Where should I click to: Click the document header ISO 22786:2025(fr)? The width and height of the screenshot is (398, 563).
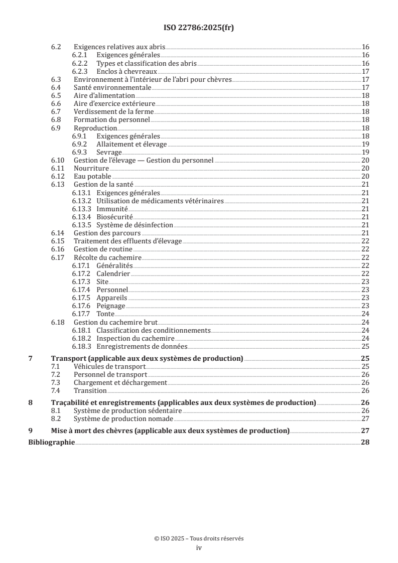(x=199, y=28)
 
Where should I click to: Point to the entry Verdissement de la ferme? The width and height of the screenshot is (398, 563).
(x=113, y=111)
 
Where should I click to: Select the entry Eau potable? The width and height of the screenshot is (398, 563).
(x=92, y=176)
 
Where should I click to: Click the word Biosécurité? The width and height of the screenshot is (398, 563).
(x=114, y=217)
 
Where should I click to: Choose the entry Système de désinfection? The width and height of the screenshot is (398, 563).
(x=135, y=225)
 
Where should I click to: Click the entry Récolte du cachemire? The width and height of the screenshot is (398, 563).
(x=107, y=257)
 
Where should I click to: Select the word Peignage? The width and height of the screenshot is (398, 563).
(x=110, y=306)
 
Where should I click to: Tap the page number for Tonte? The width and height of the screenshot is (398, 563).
(x=365, y=314)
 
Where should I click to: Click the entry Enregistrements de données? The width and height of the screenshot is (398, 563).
(x=142, y=346)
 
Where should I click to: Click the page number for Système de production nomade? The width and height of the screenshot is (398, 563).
(x=365, y=418)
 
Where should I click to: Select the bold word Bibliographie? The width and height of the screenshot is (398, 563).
(x=51, y=443)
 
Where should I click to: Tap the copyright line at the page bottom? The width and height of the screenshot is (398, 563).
(x=199, y=538)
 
